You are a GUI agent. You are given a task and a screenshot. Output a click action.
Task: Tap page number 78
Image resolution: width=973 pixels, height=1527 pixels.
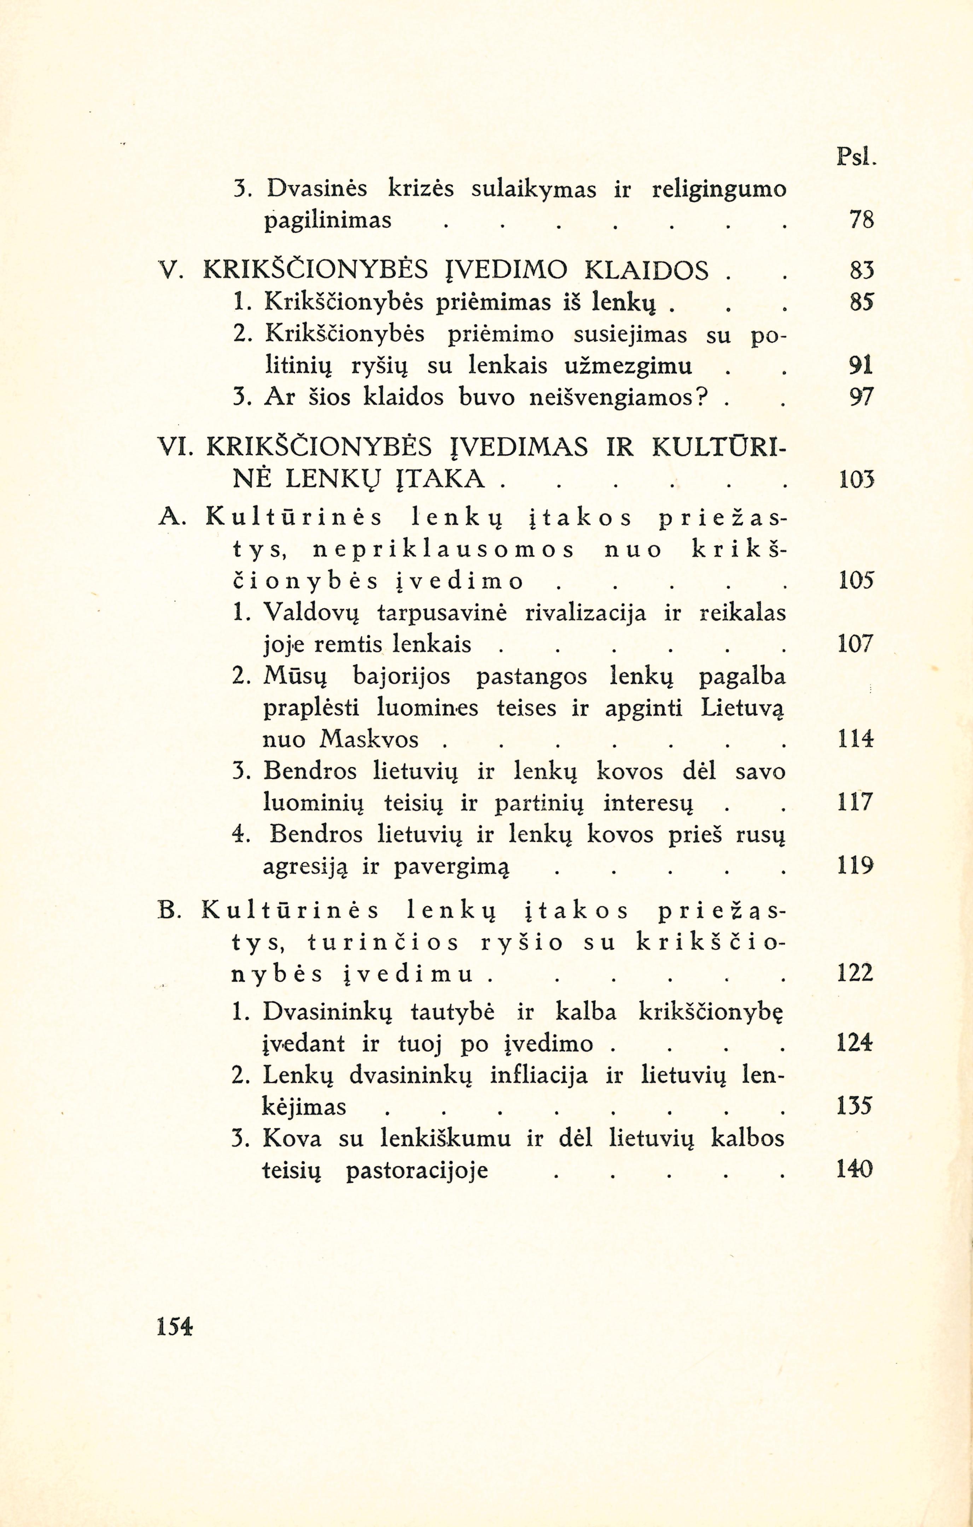point(861,220)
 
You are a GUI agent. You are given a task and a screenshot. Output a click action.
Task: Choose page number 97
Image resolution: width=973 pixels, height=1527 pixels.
point(861,398)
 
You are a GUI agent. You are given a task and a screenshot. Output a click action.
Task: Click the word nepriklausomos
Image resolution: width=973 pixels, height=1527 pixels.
point(444,550)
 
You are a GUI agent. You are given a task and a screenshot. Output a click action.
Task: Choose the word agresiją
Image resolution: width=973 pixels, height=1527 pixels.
point(306,867)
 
